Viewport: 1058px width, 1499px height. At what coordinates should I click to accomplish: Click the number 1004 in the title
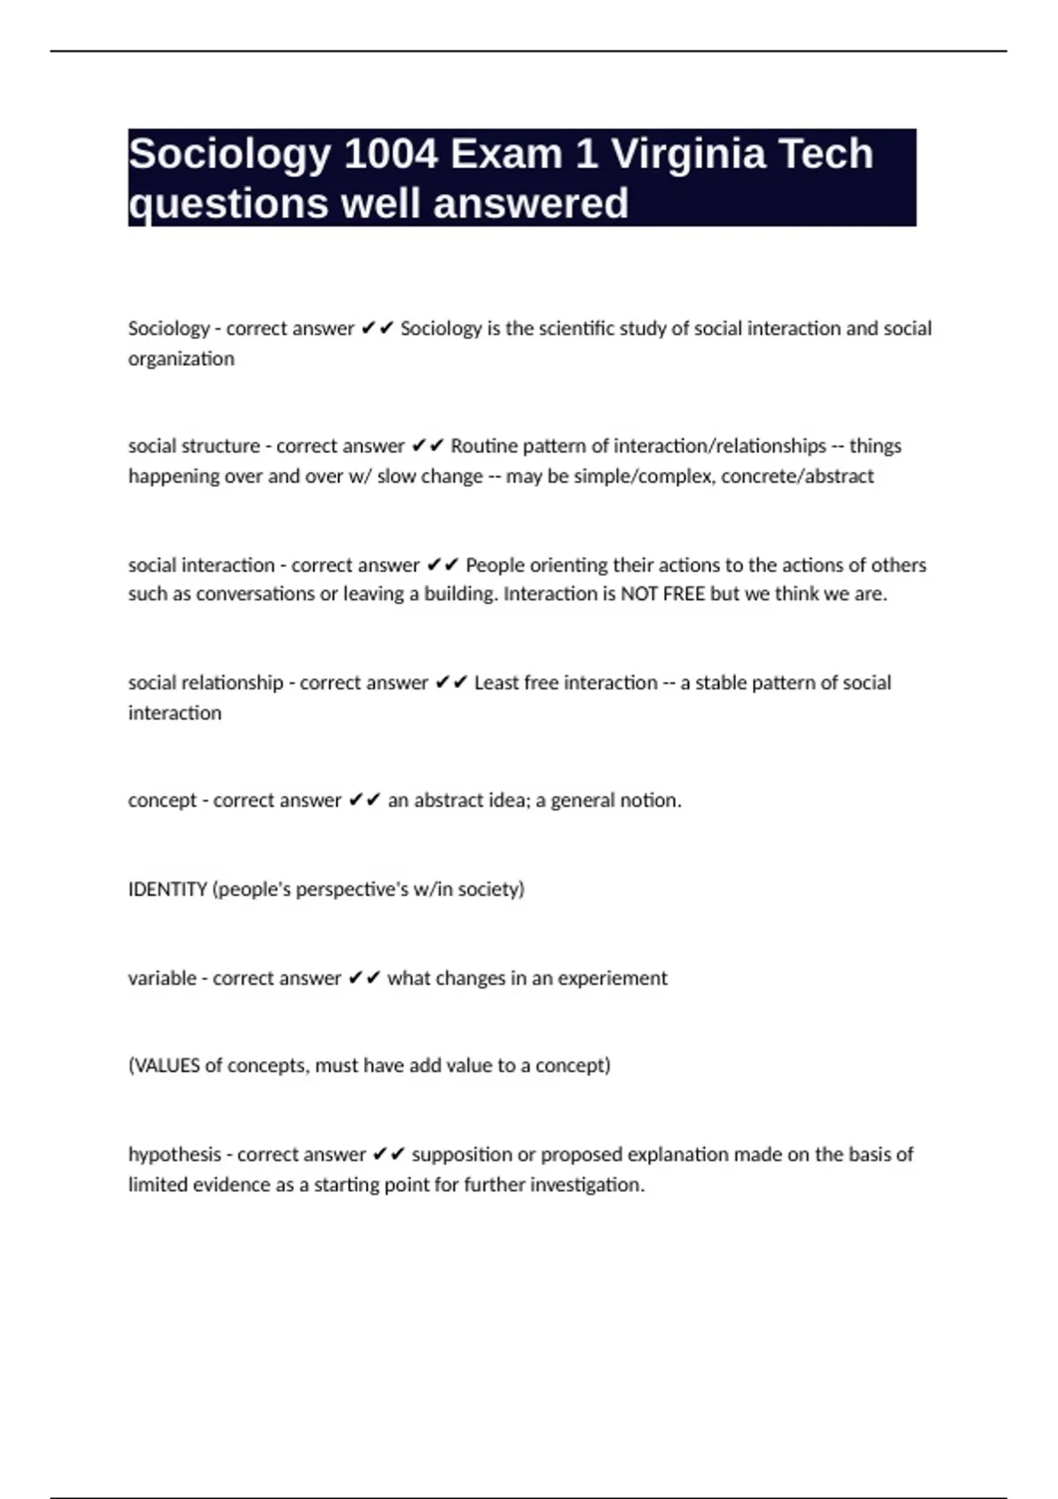click(x=389, y=154)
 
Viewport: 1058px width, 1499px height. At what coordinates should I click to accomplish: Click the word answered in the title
click(x=531, y=204)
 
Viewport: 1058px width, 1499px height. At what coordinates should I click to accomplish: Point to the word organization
click(x=181, y=359)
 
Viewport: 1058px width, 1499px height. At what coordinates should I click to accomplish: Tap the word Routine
click(x=485, y=446)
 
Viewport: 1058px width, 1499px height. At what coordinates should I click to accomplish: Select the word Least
click(x=495, y=682)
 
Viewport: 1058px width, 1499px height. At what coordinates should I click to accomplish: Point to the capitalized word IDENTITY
click(x=168, y=889)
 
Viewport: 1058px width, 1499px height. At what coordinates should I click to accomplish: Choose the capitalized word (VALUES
click(x=164, y=1065)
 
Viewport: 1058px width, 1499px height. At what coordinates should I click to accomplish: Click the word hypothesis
click(x=175, y=1154)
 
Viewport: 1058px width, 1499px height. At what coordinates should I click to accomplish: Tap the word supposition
click(x=461, y=1154)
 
